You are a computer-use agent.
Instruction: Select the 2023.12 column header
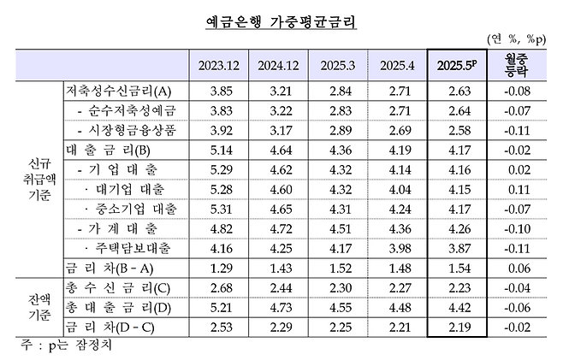pyautogui.click(x=218, y=66)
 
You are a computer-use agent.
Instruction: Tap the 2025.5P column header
pyautogui.click(x=459, y=66)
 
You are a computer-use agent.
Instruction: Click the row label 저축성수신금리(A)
pyautogui.click(x=118, y=91)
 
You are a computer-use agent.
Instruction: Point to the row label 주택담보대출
pyautogui.click(x=133, y=248)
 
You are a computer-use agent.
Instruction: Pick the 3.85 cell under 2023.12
pyautogui.click(x=219, y=91)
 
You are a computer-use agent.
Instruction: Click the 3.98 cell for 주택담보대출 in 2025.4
pyautogui.click(x=400, y=248)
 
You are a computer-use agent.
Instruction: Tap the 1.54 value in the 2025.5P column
pyautogui.click(x=459, y=268)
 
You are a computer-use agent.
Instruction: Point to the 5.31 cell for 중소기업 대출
pyautogui.click(x=219, y=209)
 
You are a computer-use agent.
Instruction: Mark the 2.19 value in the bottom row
pyautogui.click(x=459, y=327)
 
